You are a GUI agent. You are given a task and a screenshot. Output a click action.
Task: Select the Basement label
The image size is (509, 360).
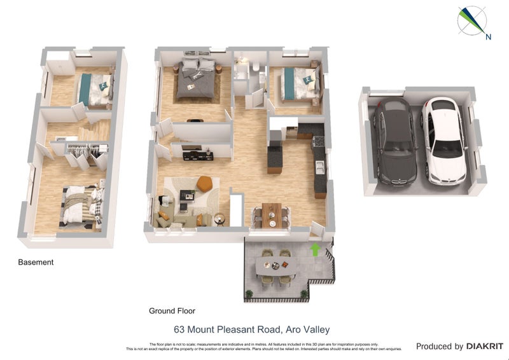(36, 262)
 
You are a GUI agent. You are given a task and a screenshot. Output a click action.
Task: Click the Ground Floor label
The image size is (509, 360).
(172, 311)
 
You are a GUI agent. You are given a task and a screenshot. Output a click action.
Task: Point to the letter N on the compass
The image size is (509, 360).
(488, 37)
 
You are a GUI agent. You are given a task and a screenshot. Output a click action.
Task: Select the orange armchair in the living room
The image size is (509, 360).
(204, 183)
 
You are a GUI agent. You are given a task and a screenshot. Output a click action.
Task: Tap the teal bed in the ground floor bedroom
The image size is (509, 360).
(298, 84)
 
